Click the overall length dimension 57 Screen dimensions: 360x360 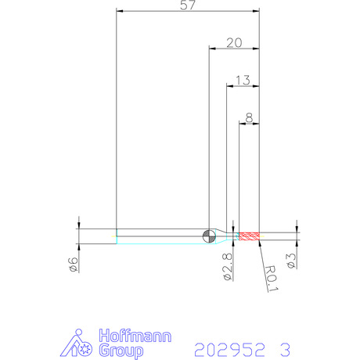pos(187,5)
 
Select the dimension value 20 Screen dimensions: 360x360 pos(234,43)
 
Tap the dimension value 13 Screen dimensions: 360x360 pos(243,81)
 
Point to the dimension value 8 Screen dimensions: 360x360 pos(249,118)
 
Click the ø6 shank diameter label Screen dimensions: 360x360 pos(74,265)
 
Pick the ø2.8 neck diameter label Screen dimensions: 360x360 pos(227,267)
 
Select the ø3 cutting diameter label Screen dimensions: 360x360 pos(291,261)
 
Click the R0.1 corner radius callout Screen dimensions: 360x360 pos(272,279)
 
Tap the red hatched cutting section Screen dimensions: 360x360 pos(249,236)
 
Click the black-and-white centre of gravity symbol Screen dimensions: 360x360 pos(209,236)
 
